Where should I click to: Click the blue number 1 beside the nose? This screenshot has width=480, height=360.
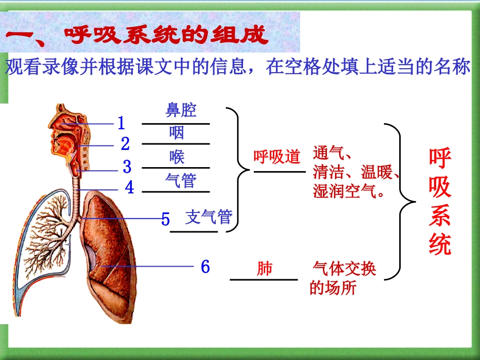tap(121, 123)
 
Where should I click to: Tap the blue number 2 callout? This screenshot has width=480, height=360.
tap(125, 144)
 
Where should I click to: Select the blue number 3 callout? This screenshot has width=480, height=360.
tap(127, 166)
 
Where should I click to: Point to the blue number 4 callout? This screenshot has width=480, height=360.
tap(130, 188)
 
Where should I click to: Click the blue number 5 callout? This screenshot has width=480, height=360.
tap(166, 220)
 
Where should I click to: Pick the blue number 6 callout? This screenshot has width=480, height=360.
tap(205, 267)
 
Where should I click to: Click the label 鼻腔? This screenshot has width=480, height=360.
tap(181, 110)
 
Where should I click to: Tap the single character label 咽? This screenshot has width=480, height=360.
tap(176, 133)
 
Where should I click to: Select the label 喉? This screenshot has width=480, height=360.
tap(177, 157)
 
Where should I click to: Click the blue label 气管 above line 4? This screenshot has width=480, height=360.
tap(181, 180)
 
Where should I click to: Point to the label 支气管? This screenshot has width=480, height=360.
tap(209, 217)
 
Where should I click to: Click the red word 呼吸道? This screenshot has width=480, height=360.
tap(277, 157)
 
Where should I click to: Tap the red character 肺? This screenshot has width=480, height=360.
tap(264, 268)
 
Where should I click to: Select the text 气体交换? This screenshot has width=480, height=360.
tap(345, 269)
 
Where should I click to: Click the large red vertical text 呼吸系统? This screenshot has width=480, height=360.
tap(440, 202)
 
